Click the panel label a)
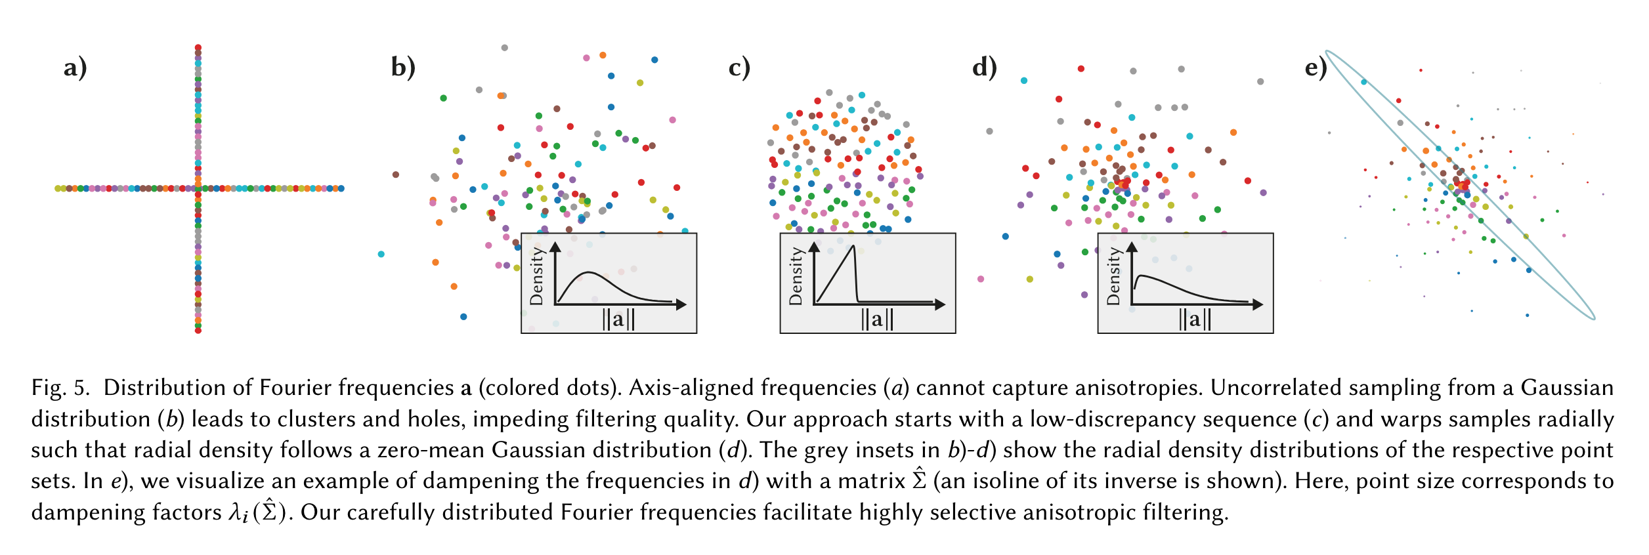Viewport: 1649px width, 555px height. coord(75,68)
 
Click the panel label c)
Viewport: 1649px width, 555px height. coord(739,68)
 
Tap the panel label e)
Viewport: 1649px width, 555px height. coord(1316,68)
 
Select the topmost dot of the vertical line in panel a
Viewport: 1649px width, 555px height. coord(198,47)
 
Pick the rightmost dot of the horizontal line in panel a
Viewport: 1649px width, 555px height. coord(341,189)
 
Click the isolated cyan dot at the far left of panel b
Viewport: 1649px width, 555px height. coord(381,254)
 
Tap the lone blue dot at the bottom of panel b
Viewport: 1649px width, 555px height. coord(463,317)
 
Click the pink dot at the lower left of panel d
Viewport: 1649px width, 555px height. coord(981,279)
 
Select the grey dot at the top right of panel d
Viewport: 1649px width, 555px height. coord(1260,81)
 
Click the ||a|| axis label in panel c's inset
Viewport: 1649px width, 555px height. coord(877,319)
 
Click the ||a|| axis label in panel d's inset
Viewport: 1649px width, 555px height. coord(1195,319)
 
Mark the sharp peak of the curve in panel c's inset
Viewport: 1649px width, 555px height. coord(853,246)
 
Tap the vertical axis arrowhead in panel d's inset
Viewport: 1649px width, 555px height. coord(1132,247)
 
